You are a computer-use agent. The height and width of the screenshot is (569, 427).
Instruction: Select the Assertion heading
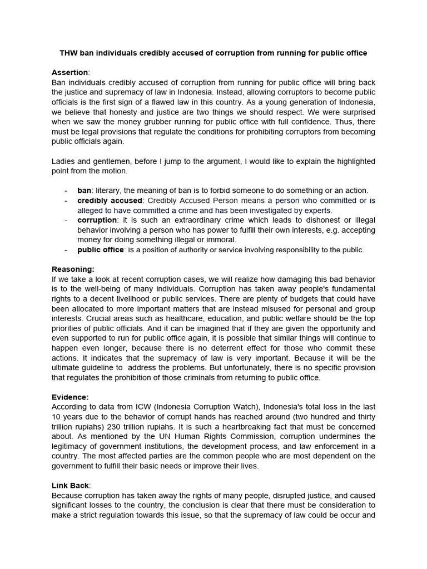click(x=69, y=72)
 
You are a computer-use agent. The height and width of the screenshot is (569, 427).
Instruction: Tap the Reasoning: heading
click(x=73, y=269)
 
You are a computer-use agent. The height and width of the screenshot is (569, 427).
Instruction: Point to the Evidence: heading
click(x=70, y=397)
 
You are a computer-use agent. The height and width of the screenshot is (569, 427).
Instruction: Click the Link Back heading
click(x=70, y=486)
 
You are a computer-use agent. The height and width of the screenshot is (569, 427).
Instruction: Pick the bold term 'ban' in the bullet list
click(x=84, y=191)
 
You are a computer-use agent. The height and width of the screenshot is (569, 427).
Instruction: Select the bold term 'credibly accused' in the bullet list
click(x=110, y=200)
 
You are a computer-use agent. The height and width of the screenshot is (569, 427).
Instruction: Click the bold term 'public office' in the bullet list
click(x=101, y=250)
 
